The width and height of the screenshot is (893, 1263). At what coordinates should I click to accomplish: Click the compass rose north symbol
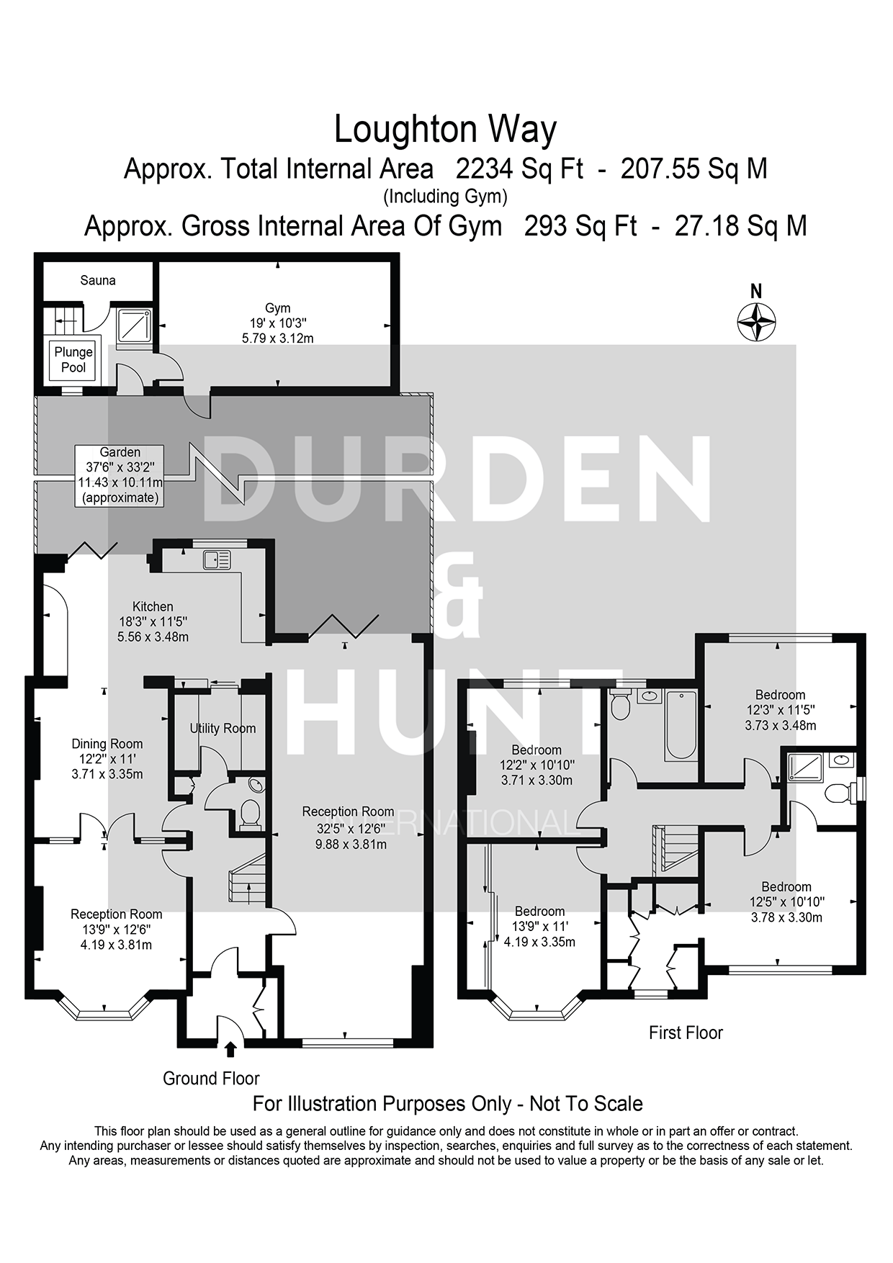(756, 321)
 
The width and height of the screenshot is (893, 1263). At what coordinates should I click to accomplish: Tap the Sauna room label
(98, 280)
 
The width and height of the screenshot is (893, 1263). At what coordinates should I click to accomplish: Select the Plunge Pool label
(73, 359)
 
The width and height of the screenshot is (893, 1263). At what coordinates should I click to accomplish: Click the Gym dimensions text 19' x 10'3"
(277, 323)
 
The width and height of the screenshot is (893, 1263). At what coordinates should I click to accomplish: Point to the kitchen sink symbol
(217, 559)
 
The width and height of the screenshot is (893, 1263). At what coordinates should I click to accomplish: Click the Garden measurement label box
(120, 475)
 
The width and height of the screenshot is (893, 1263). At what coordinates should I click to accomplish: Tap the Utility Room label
(223, 728)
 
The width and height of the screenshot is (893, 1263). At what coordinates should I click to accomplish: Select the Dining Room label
(107, 744)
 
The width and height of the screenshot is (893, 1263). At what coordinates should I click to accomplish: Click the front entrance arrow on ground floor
(230, 1049)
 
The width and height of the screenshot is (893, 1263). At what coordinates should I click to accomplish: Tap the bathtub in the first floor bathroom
(681, 725)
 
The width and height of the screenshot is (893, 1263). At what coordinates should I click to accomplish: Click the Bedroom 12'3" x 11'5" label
(780, 695)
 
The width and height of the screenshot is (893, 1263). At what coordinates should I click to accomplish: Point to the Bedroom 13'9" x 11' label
(539, 911)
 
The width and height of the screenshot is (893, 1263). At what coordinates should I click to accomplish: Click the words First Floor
(685, 1033)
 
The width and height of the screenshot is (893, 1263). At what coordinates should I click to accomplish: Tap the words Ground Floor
(211, 1078)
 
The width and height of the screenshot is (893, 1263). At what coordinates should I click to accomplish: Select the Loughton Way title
(445, 130)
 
